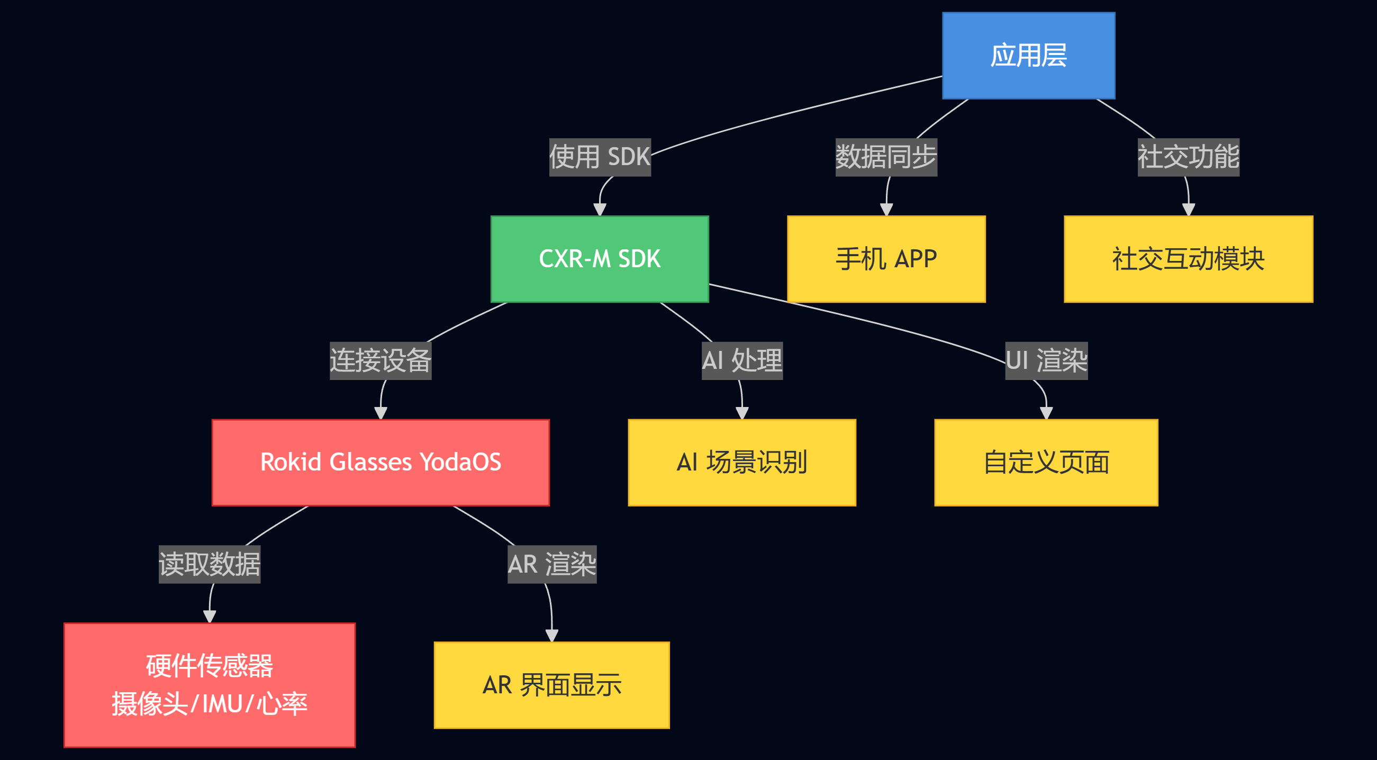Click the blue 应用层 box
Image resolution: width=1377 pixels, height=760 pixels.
point(1028,56)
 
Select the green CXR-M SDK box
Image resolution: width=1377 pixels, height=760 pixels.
point(599,259)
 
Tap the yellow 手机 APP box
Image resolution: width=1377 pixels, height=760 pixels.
point(886,259)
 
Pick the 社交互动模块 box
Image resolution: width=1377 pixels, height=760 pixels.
point(1188,259)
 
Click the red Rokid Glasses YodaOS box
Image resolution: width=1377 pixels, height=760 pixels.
point(380,463)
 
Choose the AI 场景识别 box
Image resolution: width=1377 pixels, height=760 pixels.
point(741,463)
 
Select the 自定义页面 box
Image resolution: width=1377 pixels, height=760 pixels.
point(1046,463)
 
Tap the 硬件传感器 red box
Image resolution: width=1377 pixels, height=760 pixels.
point(209,685)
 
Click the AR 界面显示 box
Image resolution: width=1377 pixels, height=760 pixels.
point(551,685)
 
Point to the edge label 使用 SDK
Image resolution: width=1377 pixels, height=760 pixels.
point(599,157)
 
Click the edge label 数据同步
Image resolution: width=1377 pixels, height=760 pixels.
point(886,157)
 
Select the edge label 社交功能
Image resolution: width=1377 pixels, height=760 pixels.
point(1188,157)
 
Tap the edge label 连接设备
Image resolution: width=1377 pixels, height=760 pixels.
point(380,361)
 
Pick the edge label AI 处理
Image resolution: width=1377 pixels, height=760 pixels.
point(741,361)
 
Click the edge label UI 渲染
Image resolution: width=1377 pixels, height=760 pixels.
point(1046,361)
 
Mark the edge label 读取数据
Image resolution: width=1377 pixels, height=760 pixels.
point(209,564)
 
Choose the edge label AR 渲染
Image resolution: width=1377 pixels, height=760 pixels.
point(551,564)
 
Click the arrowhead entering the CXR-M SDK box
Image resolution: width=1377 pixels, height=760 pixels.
point(599,210)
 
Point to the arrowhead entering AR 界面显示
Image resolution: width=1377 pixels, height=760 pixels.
point(551,636)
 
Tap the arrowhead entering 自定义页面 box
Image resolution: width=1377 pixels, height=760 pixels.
point(1046,413)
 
